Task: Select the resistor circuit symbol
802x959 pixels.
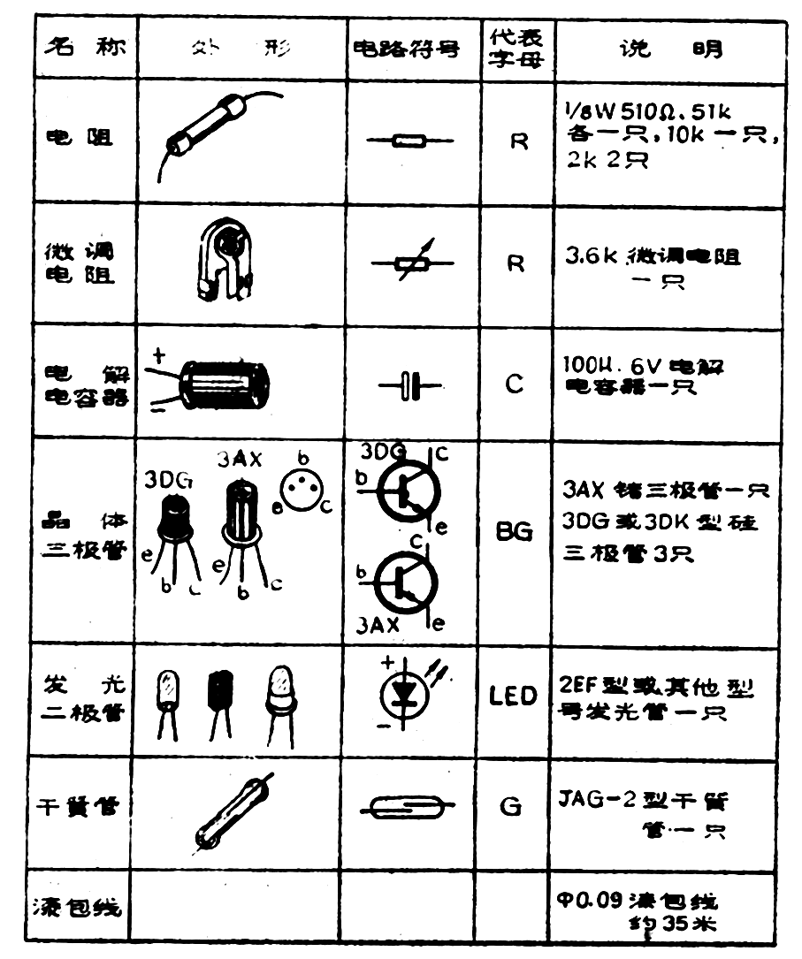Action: pos(409,141)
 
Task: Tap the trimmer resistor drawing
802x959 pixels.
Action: pos(225,257)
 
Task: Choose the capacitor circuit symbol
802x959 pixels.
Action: pos(409,386)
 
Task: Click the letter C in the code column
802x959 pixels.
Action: pos(516,384)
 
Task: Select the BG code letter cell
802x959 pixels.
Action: pos(515,534)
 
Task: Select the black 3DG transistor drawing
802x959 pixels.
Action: pos(174,521)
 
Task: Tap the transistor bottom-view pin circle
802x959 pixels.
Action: pos(301,484)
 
